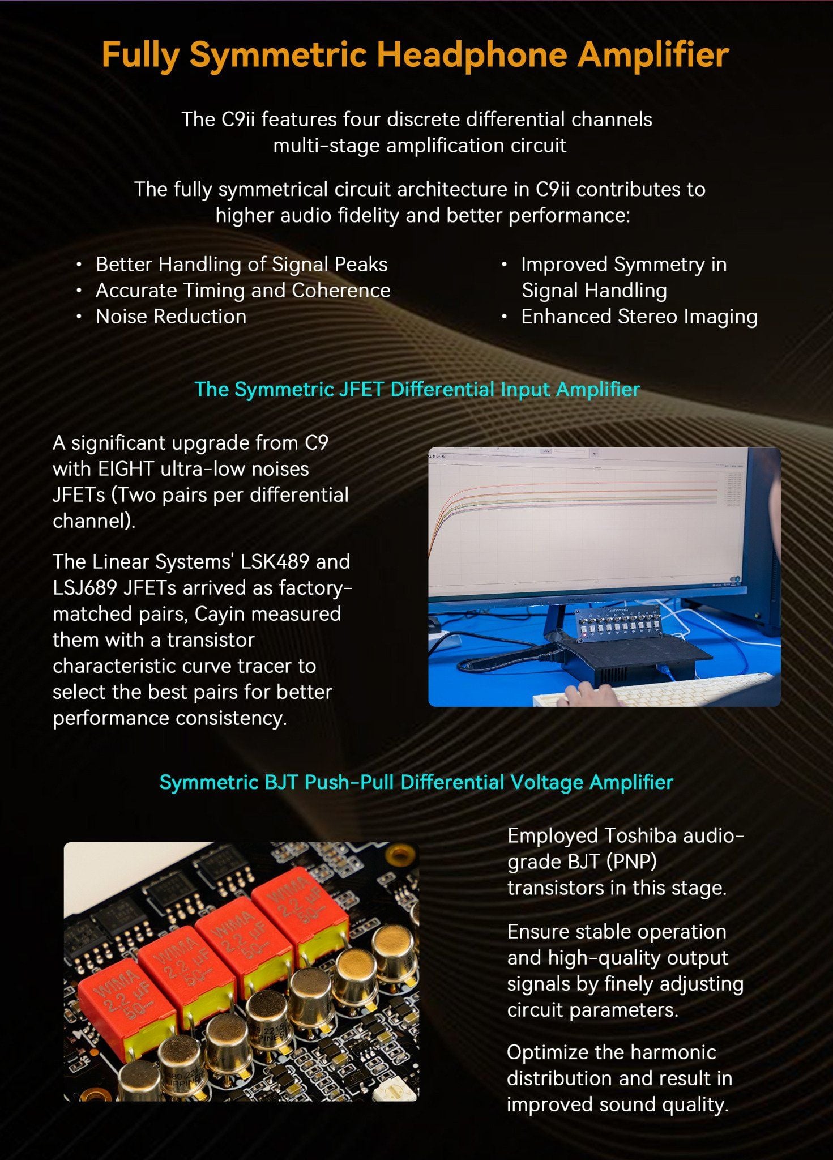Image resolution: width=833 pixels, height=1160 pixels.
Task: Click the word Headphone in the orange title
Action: point(472,55)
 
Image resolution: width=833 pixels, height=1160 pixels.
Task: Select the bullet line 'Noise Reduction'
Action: point(171,317)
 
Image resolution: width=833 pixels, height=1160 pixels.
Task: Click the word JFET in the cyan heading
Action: point(362,389)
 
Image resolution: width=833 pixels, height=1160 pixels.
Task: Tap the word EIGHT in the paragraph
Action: point(126,469)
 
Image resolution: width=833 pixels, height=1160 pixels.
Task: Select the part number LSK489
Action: point(275,562)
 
